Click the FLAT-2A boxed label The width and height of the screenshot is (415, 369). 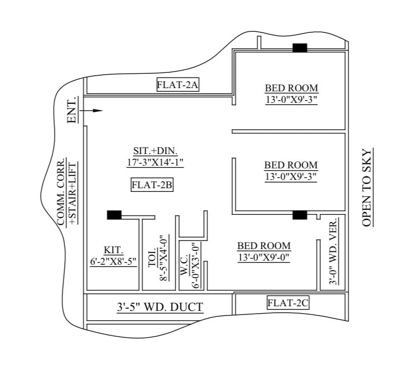click(178, 84)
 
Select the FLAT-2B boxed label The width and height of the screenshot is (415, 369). click(152, 185)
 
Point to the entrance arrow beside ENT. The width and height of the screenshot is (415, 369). click(91, 111)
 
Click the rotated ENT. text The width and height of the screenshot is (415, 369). click(71, 110)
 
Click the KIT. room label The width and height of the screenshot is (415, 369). click(113, 250)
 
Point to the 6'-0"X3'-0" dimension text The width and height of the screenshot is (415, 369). click(196, 265)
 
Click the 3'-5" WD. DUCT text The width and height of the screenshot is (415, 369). click(159, 307)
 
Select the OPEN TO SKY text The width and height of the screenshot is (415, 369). click(367, 187)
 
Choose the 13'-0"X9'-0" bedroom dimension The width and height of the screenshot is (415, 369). click(264, 258)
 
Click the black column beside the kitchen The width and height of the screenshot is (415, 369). click(114, 215)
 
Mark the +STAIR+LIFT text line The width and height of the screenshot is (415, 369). click(72, 193)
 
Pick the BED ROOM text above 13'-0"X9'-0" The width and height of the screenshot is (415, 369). click(264, 246)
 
